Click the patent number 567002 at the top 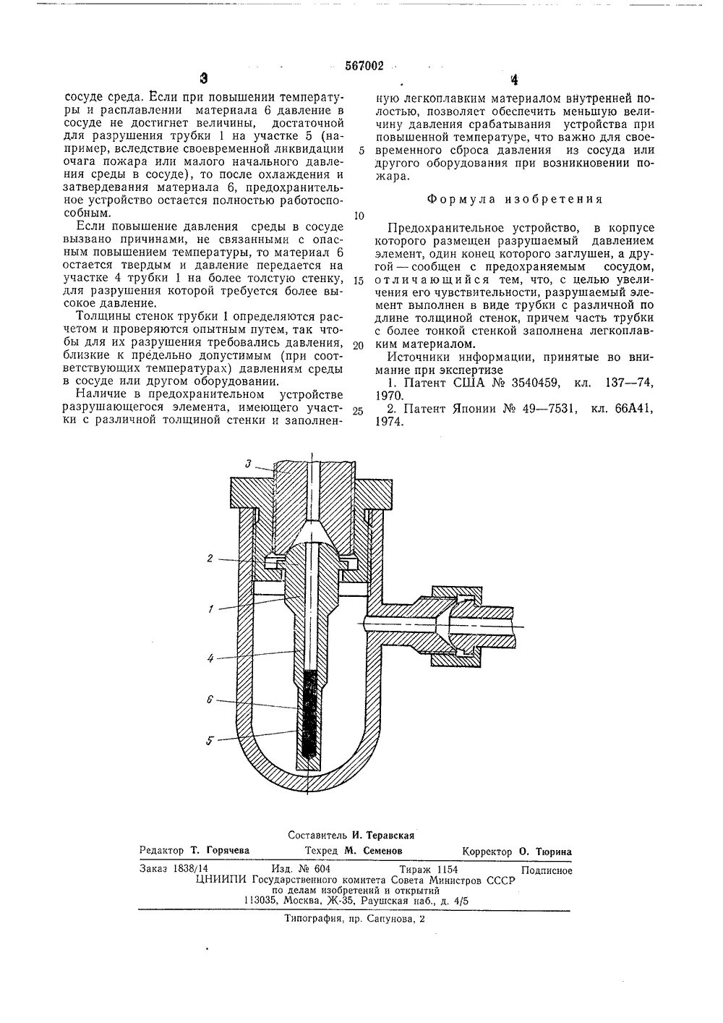(364, 66)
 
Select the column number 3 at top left (205, 80)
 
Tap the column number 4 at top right (514, 80)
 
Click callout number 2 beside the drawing (208, 558)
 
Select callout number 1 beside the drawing (210, 609)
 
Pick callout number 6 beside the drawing (209, 700)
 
